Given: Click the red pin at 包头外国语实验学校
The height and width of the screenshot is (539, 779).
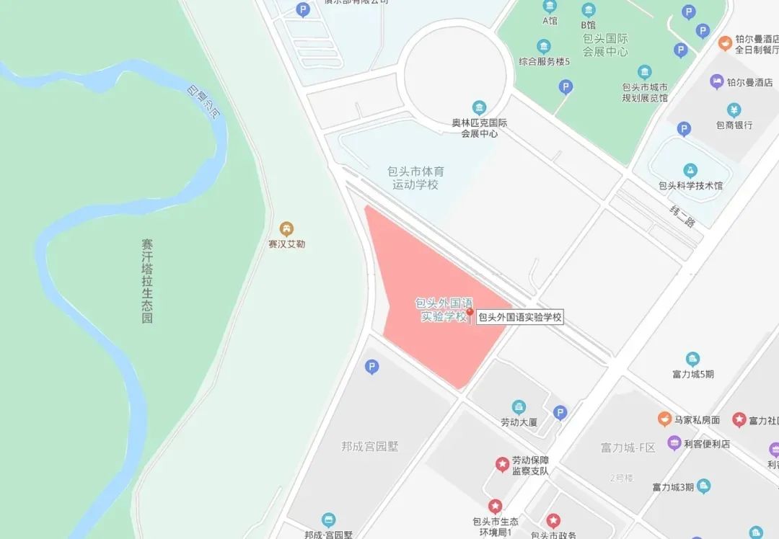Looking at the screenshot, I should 470,314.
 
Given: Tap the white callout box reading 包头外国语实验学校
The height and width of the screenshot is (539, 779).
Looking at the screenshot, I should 519,317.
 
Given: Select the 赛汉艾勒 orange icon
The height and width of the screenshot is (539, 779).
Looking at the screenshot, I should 287,228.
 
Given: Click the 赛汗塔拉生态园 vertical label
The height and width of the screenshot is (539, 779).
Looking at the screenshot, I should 147,281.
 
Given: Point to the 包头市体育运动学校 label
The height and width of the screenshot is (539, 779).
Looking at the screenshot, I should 416,178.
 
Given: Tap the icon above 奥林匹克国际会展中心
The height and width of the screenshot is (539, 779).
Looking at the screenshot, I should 475,107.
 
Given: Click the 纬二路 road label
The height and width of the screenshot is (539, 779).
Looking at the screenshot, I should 682,217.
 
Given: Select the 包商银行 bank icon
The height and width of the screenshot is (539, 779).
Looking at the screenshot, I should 734,110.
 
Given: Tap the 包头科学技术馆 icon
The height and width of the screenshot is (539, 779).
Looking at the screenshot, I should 690,171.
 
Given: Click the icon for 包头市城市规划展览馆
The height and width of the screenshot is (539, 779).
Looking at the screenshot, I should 644,72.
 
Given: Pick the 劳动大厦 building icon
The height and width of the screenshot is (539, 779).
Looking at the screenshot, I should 519,407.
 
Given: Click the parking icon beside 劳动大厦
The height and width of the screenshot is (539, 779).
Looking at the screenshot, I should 560,413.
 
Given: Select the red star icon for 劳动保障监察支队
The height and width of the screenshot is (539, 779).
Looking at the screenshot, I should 501,465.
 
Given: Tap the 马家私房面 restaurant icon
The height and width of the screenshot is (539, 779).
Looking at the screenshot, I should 664,419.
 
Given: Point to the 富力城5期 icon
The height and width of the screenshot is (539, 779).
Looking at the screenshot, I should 692,359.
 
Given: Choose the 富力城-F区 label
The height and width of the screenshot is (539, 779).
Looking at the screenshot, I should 628,447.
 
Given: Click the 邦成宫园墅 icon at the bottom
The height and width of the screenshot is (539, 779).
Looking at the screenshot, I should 329,520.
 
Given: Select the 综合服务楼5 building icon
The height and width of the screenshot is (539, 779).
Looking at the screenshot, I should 544,47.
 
